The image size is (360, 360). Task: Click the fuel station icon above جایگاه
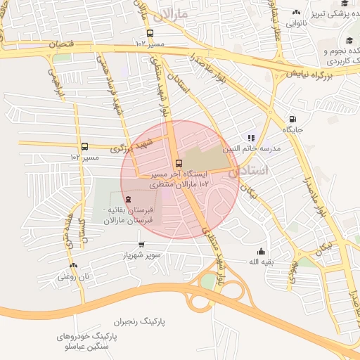click(x=292, y=119)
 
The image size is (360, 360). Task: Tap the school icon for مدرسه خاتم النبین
click(x=251, y=138)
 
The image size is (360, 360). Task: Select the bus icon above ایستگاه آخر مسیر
click(x=178, y=162)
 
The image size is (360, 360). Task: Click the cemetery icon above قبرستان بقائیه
click(x=127, y=200)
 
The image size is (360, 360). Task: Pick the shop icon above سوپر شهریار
click(x=141, y=245)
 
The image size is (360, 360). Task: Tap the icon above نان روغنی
click(x=73, y=265)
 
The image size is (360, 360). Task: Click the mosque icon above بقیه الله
click(x=262, y=251)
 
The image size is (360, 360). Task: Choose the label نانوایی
click(x=297, y=22)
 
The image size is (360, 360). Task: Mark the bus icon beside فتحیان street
click(x=149, y=33)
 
